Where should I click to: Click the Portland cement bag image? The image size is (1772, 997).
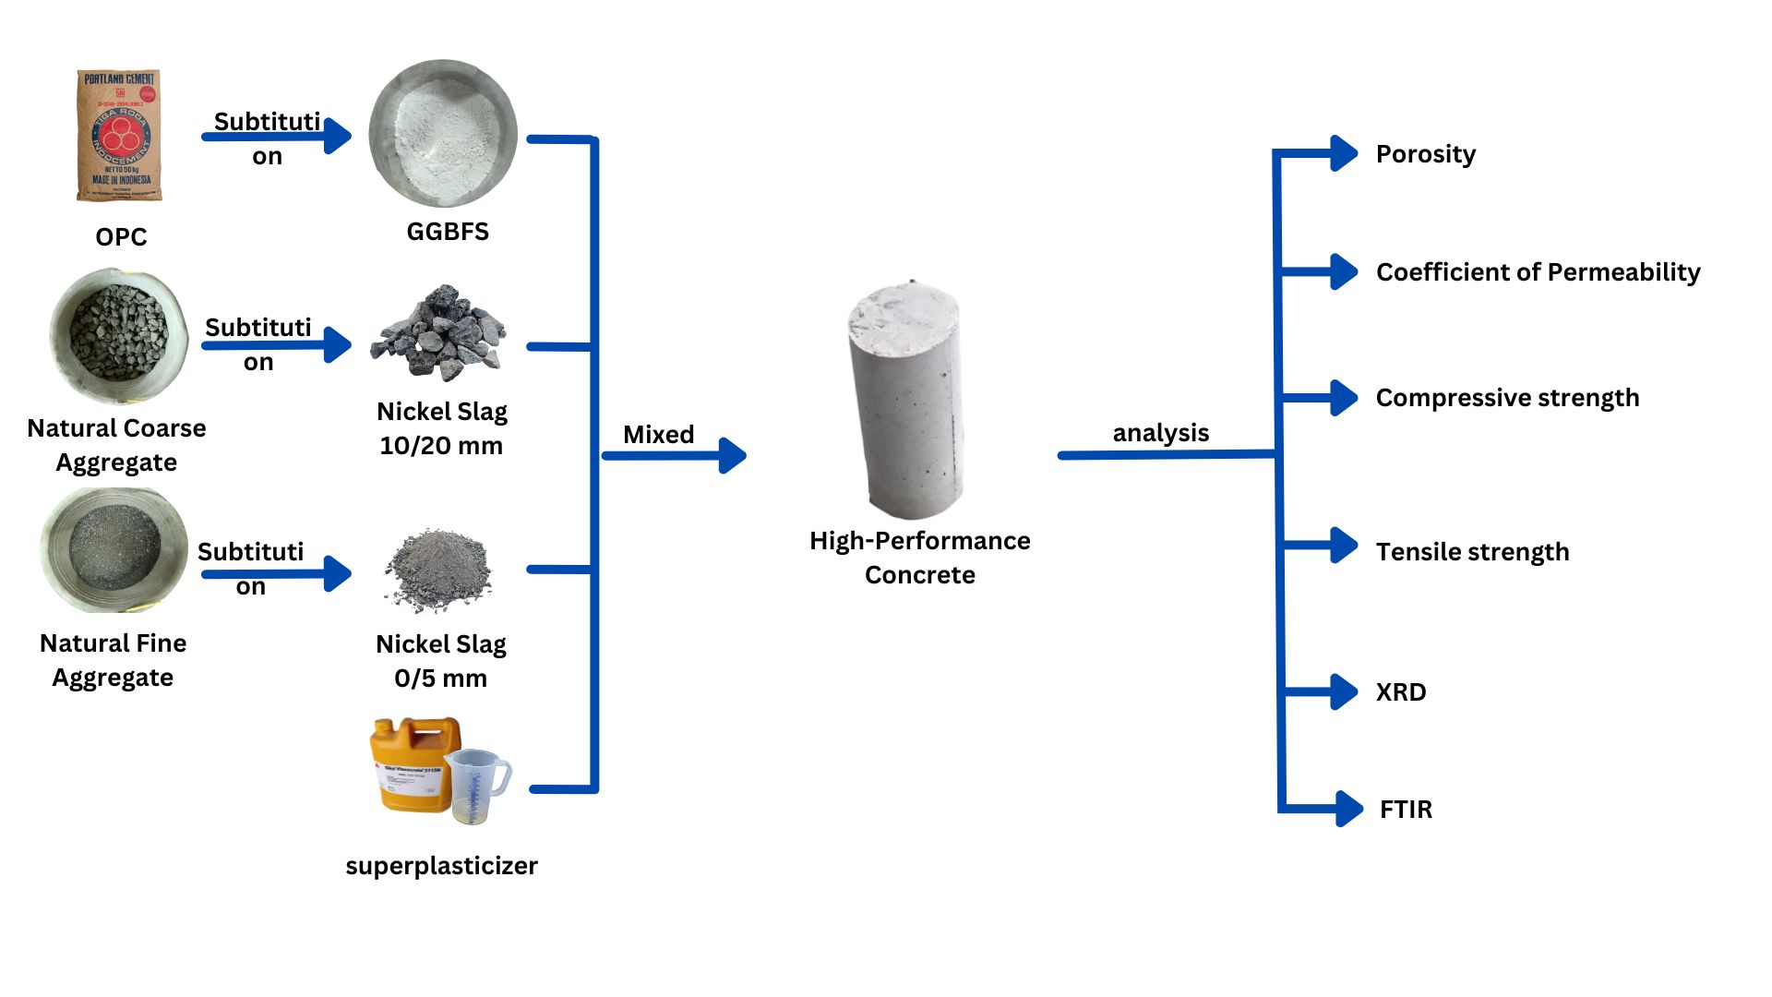(x=119, y=135)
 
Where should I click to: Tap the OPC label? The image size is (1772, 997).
(x=121, y=237)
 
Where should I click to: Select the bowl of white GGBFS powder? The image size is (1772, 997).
(x=443, y=134)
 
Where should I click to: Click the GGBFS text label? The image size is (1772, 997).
(x=448, y=232)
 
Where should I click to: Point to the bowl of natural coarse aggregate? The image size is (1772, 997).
(x=118, y=336)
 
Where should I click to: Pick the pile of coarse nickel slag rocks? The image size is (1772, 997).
(x=439, y=333)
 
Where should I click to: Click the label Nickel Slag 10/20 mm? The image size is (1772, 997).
(x=441, y=428)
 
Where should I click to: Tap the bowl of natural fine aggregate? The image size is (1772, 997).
(x=114, y=550)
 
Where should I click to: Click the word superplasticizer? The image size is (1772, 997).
(x=441, y=866)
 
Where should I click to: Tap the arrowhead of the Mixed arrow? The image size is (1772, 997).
(x=733, y=455)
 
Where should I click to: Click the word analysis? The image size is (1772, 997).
(x=1160, y=433)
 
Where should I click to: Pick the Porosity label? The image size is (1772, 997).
(x=1425, y=154)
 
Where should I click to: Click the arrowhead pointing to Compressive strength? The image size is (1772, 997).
(x=1344, y=398)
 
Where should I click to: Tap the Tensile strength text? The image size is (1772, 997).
(x=1472, y=552)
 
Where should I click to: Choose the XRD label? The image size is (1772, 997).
(x=1401, y=692)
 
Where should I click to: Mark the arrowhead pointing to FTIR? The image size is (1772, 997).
(x=1349, y=809)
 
